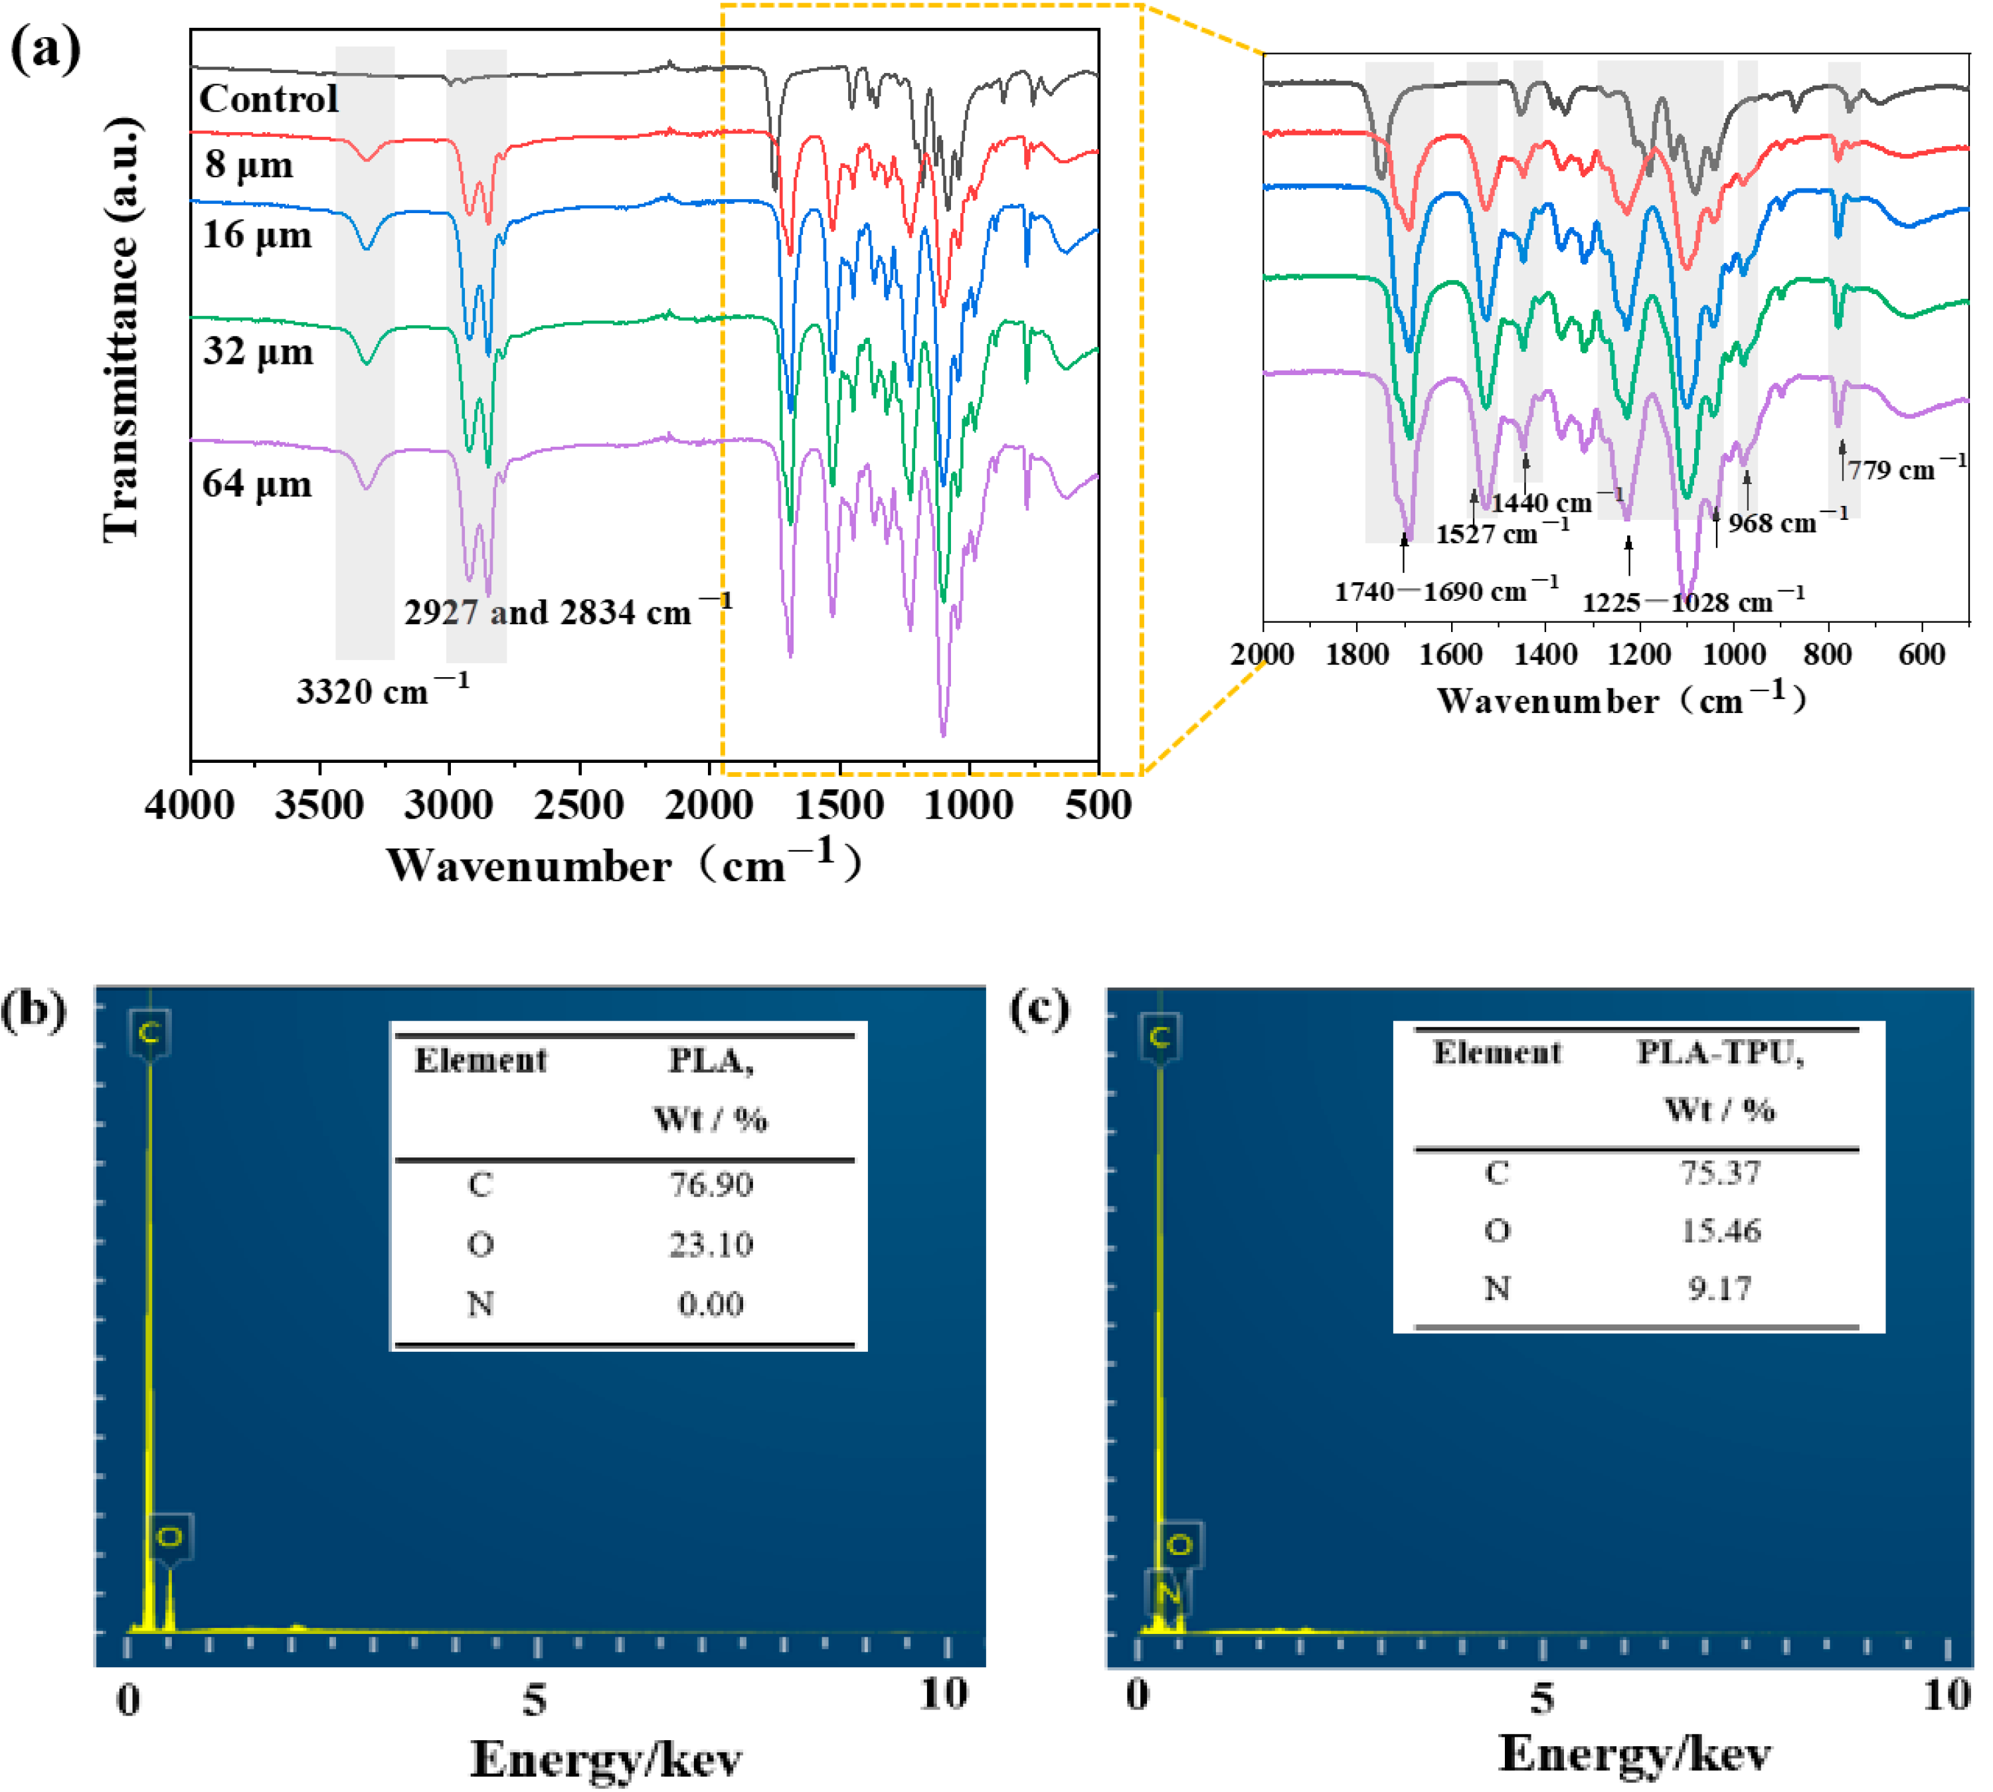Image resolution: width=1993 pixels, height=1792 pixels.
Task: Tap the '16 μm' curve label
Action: coord(257,235)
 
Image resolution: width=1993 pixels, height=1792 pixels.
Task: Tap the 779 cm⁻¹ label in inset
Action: coord(1905,469)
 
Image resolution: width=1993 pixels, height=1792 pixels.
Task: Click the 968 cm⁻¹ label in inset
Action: coord(1787,522)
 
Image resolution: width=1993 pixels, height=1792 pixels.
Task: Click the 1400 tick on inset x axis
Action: coord(1545,654)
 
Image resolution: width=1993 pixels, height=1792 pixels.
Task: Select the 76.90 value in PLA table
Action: coord(711,1184)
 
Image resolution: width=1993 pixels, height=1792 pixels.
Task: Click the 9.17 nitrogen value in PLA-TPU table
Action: coord(1719,1288)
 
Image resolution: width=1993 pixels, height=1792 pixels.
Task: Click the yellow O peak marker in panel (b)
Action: coord(169,1537)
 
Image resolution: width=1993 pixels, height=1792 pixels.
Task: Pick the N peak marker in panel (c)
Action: coord(1168,1592)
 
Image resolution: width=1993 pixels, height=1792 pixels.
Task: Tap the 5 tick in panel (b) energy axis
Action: coord(535,1698)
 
